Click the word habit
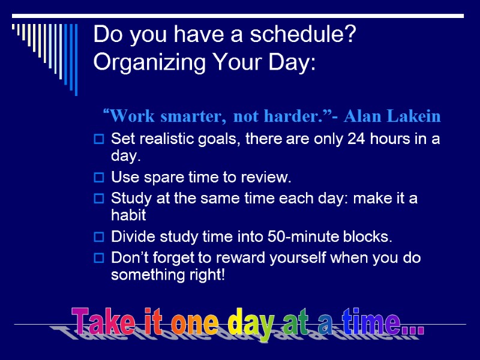[129, 216]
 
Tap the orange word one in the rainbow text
[194, 323]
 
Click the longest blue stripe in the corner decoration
[76, 59]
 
